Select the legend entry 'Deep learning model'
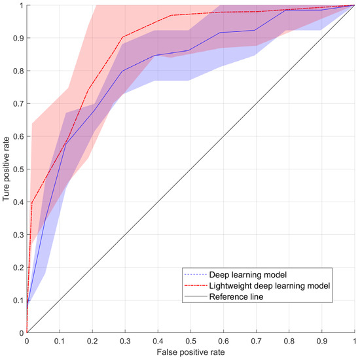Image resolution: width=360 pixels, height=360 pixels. (242, 274)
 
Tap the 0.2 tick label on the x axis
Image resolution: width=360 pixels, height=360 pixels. (92, 341)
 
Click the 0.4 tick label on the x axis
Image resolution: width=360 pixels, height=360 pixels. (157, 341)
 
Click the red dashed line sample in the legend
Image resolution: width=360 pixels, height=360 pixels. (194, 285)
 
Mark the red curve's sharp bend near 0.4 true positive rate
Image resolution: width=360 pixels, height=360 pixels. (31, 202)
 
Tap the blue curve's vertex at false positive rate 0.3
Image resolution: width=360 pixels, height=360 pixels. (123, 71)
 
